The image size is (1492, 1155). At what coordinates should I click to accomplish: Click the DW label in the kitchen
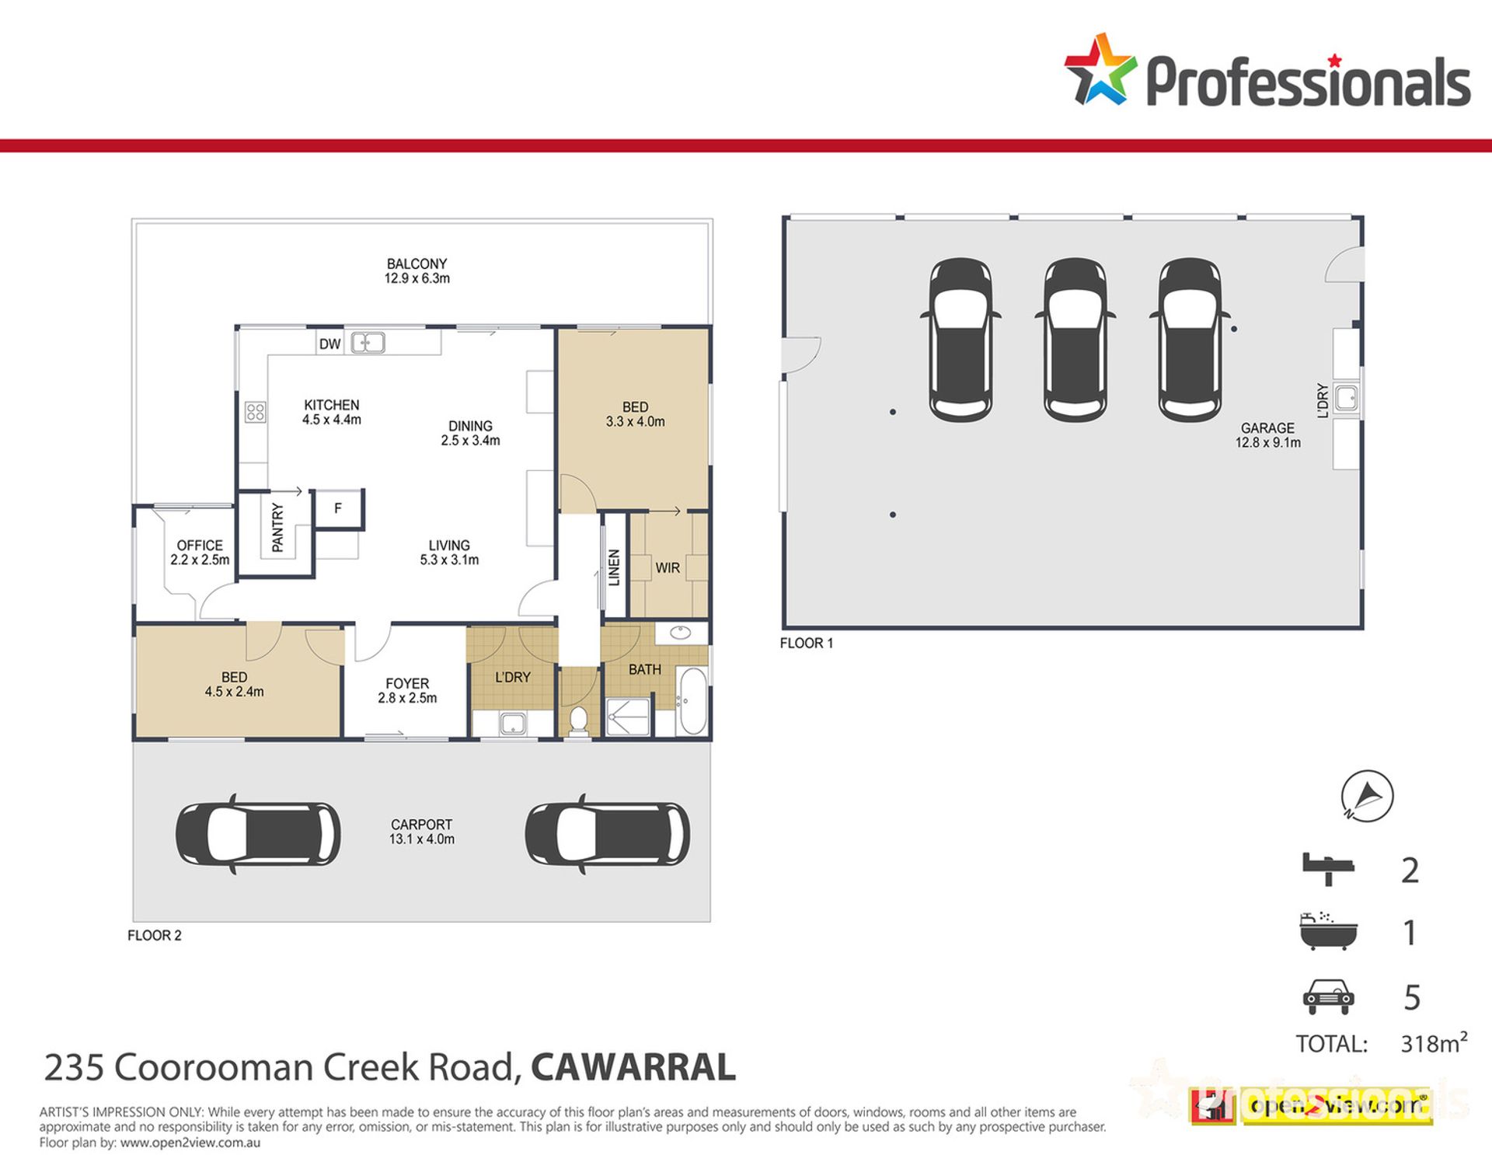[329, 344]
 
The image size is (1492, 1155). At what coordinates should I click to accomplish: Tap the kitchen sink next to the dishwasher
[368, 342]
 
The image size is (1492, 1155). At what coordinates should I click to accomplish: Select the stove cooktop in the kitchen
[255, 412]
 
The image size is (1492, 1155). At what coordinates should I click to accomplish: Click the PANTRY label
[277, 528]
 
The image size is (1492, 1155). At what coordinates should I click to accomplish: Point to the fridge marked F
[338, 508]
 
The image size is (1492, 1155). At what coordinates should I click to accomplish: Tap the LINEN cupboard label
[615, 567]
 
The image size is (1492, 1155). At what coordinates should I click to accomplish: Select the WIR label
[668, 568]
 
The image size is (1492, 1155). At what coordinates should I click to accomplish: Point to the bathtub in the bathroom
[692, 701]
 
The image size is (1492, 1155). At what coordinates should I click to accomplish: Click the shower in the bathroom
[628, 717]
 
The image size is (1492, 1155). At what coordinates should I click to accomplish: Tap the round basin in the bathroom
[681, 633]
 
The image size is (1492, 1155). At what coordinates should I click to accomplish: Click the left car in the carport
[258, 834]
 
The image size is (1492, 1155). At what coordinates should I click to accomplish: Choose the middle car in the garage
[1075, 340]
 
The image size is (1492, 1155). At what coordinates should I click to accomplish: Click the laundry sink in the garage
[1347, 398]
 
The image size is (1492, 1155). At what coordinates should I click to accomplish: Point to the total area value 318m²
[1434, 1042]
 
